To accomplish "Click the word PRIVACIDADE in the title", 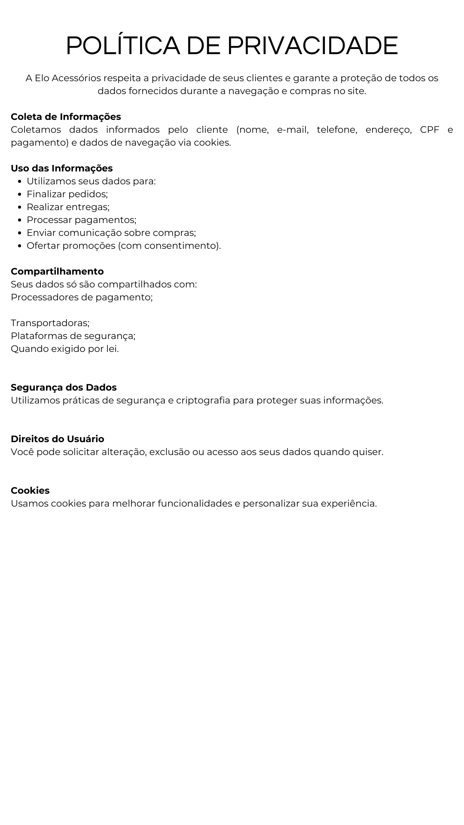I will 312,46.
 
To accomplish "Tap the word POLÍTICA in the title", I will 123,46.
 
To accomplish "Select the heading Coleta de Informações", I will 66,117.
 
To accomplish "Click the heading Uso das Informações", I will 61,168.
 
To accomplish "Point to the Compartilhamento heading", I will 57,272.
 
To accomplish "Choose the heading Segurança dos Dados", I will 64,388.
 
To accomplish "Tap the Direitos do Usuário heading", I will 57,439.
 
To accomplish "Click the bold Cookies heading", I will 30,491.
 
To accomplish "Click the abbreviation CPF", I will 429,130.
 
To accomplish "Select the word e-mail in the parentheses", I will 293,130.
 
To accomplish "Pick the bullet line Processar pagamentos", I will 81,220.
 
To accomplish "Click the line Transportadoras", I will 50,323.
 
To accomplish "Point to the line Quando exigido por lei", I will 64,349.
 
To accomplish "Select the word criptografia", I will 203,400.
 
